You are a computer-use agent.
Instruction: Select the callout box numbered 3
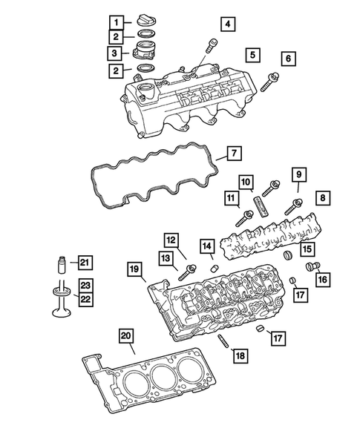point(116,53)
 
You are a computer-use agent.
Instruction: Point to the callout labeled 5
point(252,55)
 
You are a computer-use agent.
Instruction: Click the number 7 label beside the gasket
point(232,154)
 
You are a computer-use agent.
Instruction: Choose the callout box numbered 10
point(246,181)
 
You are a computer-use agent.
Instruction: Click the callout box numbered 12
point(171,240)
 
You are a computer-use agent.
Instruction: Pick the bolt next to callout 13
point(187,272)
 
